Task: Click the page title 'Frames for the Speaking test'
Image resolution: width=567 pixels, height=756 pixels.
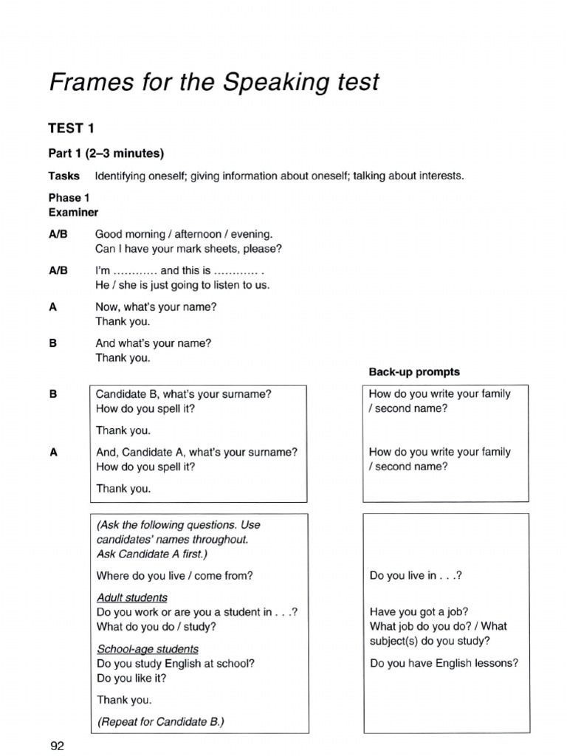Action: tap(213, 82)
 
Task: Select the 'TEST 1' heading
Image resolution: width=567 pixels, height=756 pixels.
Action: tap(71, 128)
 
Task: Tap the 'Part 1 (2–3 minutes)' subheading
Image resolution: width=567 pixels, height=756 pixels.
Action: tap(106, 154)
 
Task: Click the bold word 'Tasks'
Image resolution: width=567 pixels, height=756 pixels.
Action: tap(64, 176)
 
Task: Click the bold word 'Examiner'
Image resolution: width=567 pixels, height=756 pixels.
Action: tap(73, 212)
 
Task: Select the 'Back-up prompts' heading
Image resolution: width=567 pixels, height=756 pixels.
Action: tap(413, 371)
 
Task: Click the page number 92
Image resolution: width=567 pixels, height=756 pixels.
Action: tap(58, 746)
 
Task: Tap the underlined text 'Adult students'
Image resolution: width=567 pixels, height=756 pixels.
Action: tap(131, 597)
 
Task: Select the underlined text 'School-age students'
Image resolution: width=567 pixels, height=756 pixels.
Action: tap(147, 649)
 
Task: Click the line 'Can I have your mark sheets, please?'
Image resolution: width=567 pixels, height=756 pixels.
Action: tap(188, 249)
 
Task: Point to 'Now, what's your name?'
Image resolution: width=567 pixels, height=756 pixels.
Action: tap(156, 306)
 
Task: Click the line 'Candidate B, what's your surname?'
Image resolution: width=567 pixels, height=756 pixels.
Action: tap(183, 394)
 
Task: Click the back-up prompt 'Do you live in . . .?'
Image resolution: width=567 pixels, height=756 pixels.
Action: tap(415, 576)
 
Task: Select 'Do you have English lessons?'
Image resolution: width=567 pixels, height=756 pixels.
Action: tap(444, 663)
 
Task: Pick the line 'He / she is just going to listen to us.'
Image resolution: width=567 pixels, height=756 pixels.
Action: tap(182, 285)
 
